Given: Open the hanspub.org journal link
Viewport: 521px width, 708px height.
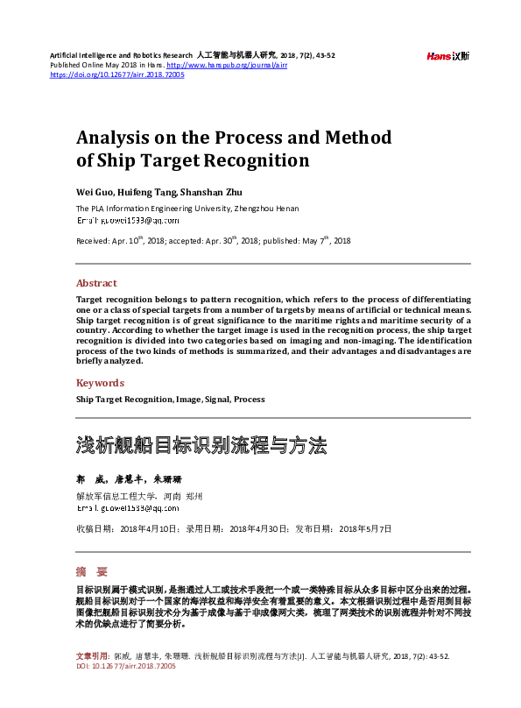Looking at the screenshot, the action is [x=227, y=66].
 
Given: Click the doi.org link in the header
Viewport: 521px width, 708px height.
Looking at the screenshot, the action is [x=117, y=75].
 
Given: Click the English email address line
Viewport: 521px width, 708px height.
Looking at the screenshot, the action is [x=127, y=223].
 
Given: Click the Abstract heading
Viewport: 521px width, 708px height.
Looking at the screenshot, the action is [x=96, y=283].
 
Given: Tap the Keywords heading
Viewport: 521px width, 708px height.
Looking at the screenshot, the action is [x=100, y=383].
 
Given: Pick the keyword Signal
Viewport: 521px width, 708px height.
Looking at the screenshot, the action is [x=216, y=399].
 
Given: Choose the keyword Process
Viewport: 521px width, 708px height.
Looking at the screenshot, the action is [x=250, y=399].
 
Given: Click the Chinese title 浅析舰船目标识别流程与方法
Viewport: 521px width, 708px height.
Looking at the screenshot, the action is [x=201, y=444].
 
